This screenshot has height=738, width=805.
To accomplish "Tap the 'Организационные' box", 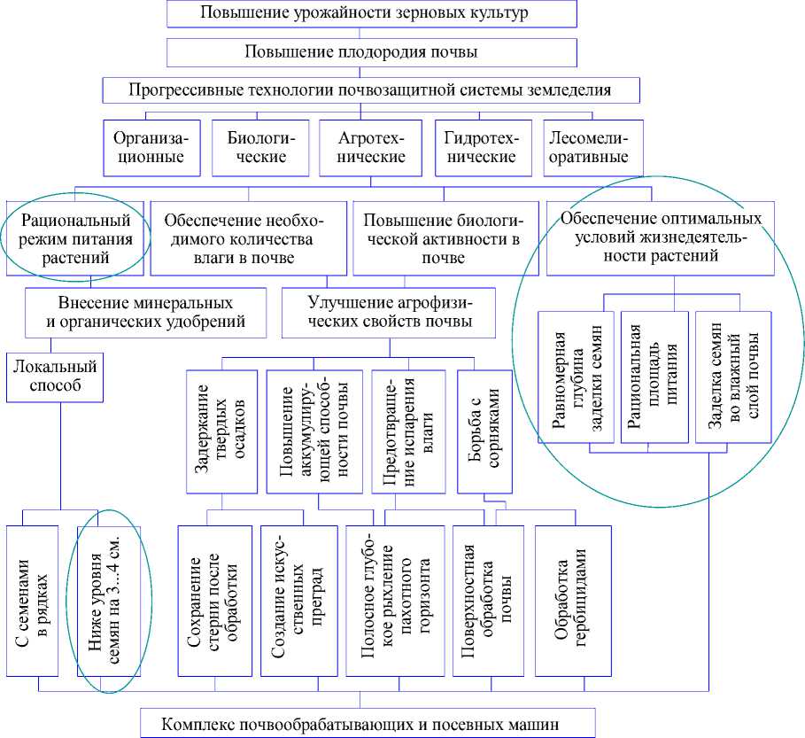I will pyautogui.click(x=149, y=148).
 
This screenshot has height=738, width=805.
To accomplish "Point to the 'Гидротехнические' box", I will pyautogui.click(x=481, y=148).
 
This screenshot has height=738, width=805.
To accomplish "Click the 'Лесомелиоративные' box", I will pyautogui.click(x=589, y=148).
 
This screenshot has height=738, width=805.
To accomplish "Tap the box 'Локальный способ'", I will pyautogui.click(x=54, y=376).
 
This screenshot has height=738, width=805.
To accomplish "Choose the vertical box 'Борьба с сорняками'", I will pyautogui.click(x=483, y=431).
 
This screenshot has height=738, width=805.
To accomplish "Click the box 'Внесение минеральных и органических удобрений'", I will pyautogui.click(x=146, y=312).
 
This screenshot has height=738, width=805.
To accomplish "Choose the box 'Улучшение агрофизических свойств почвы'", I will pyautogui.click(x=389, y=312).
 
